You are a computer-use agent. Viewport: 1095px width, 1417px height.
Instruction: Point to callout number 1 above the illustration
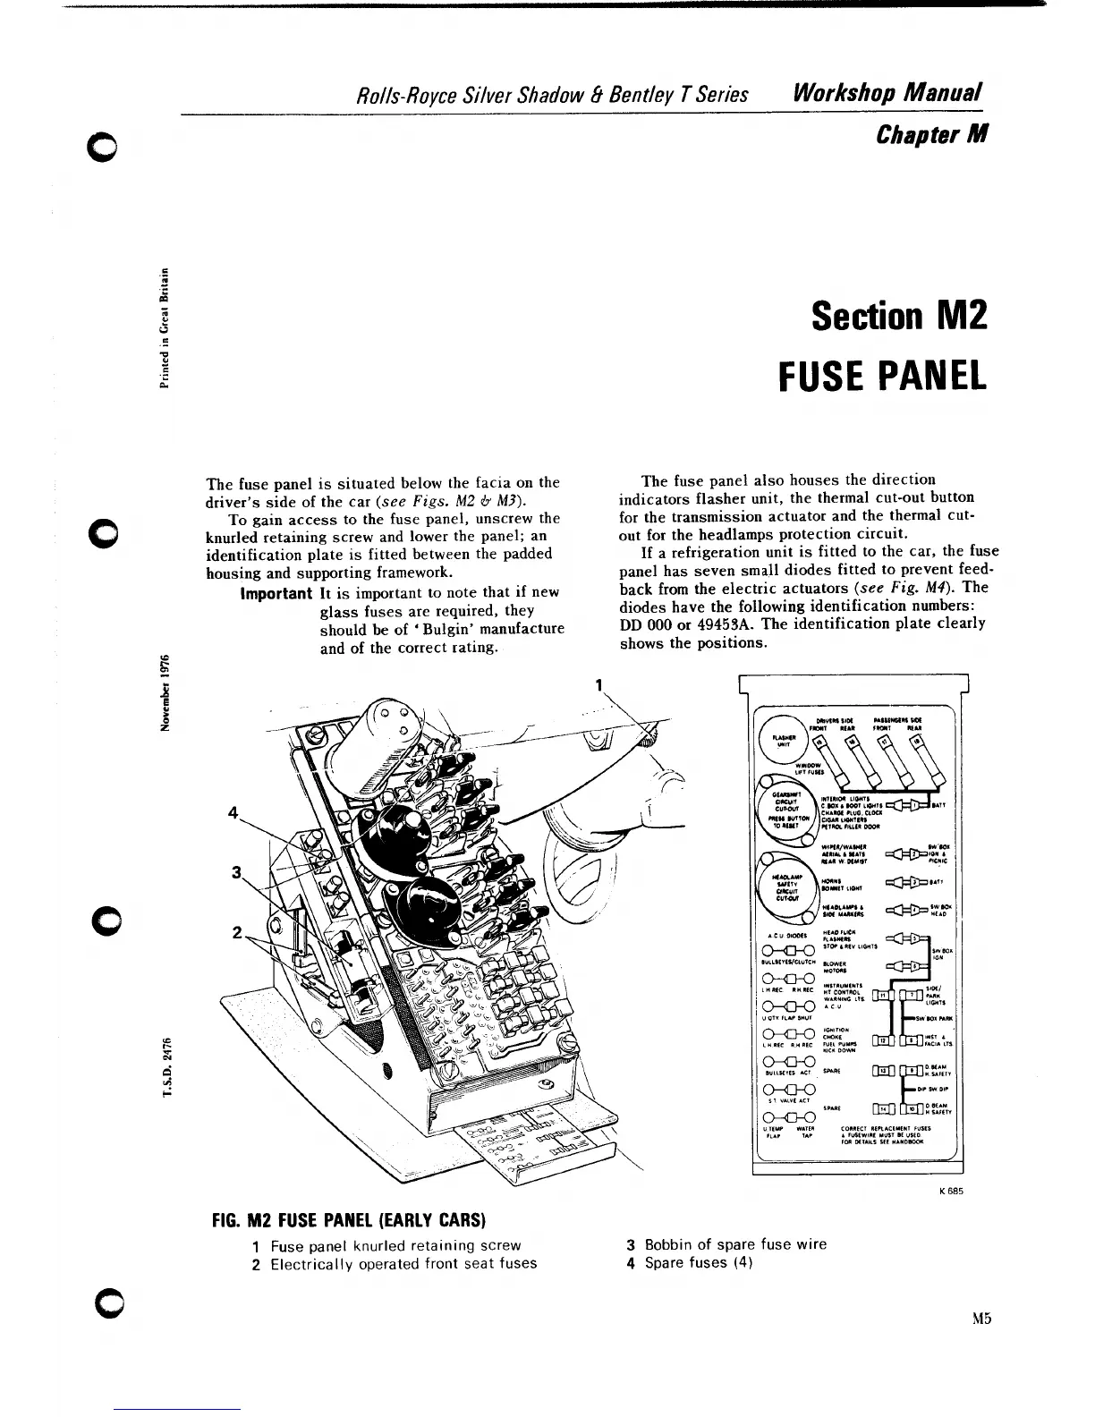pos(597,687)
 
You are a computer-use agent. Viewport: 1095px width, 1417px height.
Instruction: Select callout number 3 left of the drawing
pos(237,872)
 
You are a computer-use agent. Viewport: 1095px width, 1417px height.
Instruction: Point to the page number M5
pos(984,1318)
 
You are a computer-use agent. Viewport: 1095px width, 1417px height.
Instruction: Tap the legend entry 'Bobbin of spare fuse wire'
pos(728,1244)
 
